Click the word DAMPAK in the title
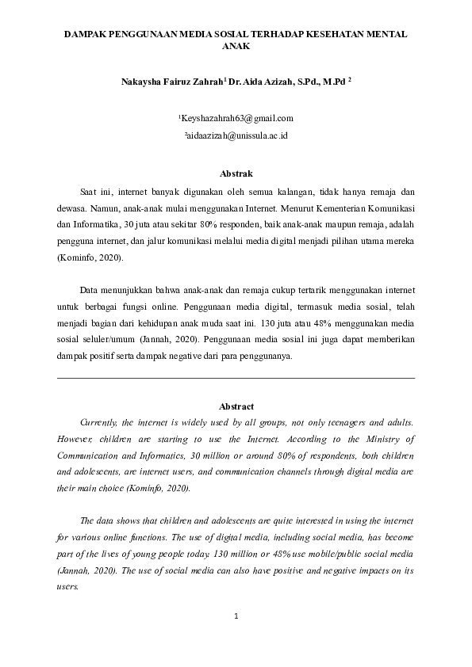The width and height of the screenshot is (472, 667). coord(86,36)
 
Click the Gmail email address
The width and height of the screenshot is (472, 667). coord(237,119)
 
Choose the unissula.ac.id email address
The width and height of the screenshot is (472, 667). coord(236,136)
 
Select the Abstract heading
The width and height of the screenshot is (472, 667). coord(236,406)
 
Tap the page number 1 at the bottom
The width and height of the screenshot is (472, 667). coord(236,616)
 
